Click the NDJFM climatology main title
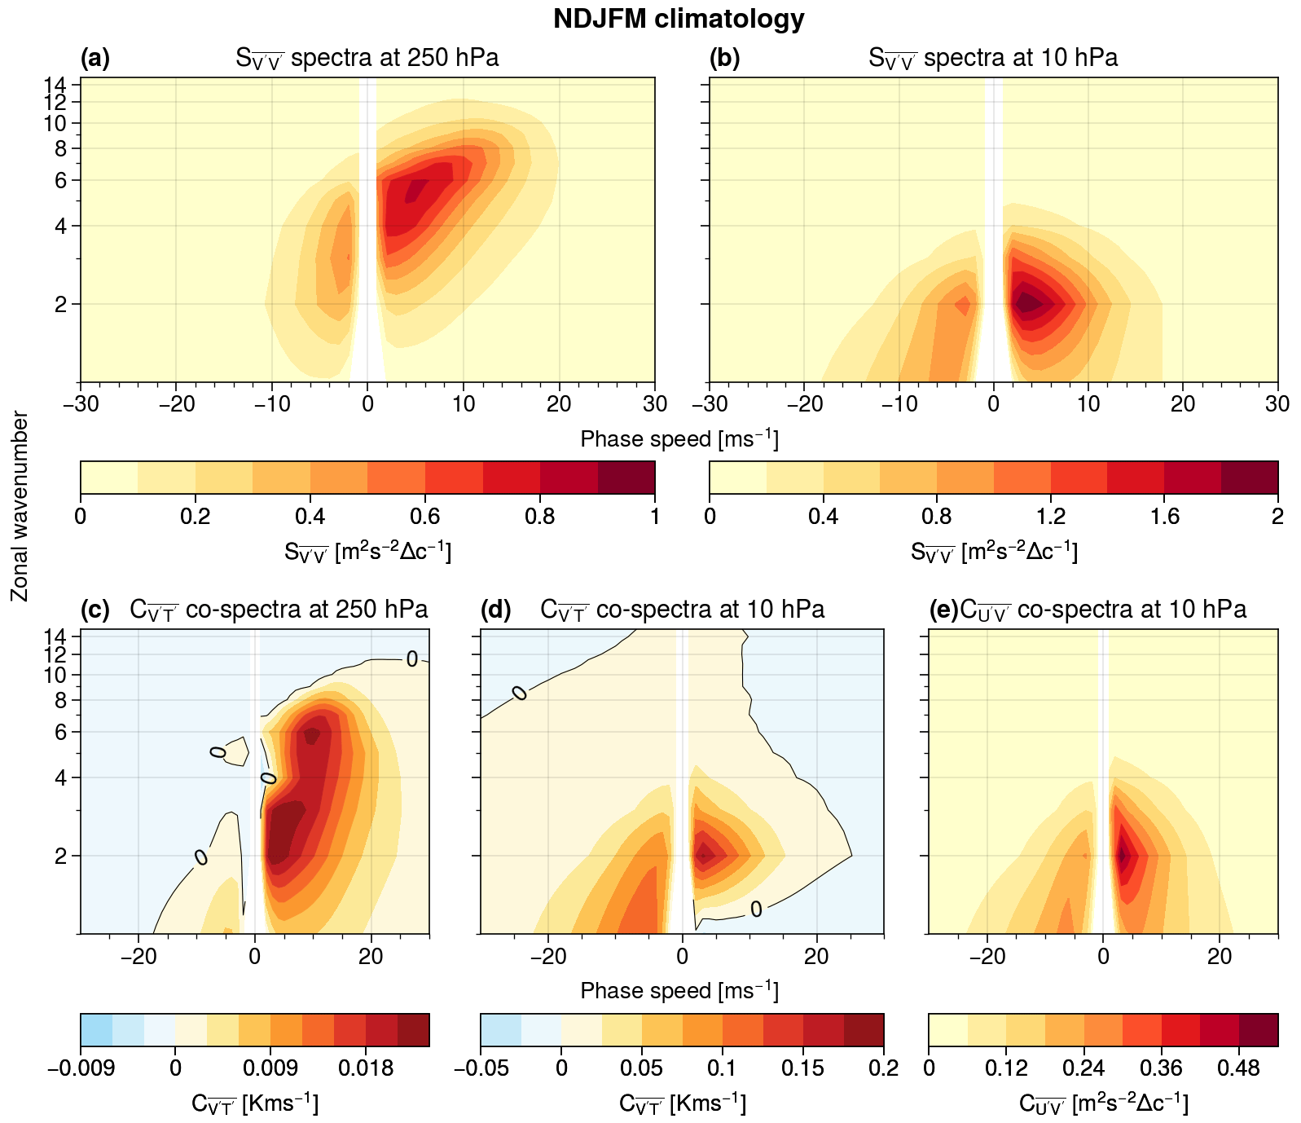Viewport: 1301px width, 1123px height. (x=679, y=19)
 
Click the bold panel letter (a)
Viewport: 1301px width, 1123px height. (x=94, y=58)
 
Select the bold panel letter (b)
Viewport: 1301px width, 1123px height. (x=724, y=58)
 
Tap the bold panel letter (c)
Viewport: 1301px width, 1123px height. (x=94, y=610)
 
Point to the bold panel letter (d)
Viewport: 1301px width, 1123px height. (x=495, y=610)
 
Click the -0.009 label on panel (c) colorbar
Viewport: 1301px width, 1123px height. (x=81, y=1068)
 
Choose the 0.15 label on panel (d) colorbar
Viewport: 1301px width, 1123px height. (x=803, y=1068)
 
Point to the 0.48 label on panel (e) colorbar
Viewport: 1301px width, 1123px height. (x=1239, y=1068)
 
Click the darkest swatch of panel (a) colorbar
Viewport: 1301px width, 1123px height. (x=626, y=478)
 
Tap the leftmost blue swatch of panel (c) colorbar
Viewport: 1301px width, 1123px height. (x=96, y=1029)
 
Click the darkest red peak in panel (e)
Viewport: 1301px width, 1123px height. (x=1122, y=855)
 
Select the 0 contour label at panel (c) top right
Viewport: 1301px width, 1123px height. (x=412, y=659)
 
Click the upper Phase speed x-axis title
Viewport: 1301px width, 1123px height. (x=679, y=440)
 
